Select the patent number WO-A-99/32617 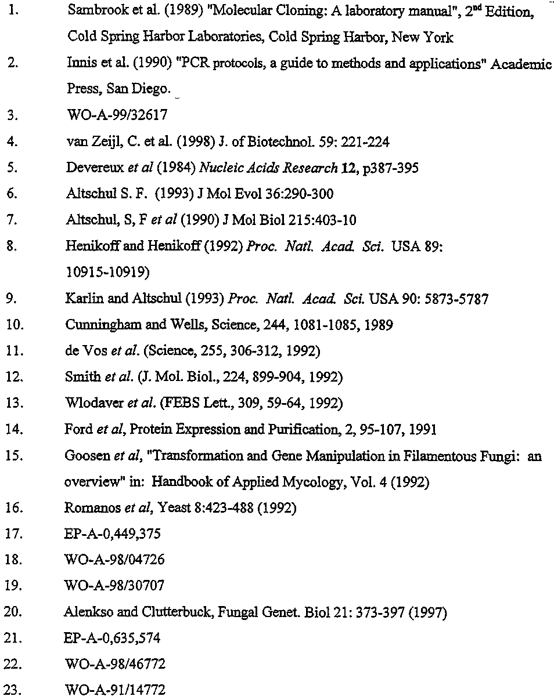pyautogui.click(x=117, y=115)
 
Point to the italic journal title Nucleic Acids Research pyautogui.click(x=268, y=168)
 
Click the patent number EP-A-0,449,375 pyautogui.click(x=112, y=534)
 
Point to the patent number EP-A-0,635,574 pyautogui.click(x=112, y=638)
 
